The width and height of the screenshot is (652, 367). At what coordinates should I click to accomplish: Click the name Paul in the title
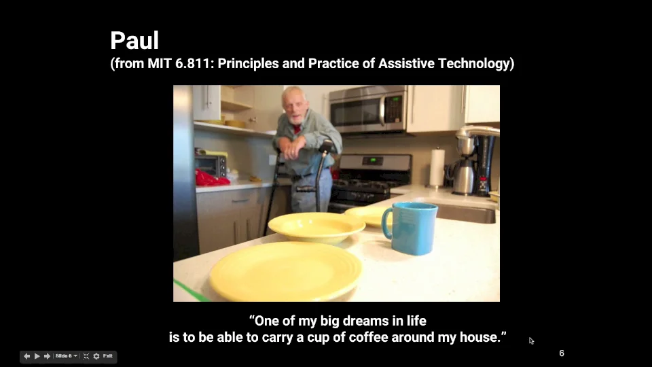134,41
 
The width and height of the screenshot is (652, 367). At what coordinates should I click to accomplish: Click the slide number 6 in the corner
562,353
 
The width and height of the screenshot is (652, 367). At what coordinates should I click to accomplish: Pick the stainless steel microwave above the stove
367,109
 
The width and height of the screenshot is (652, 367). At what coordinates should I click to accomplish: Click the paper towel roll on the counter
437,167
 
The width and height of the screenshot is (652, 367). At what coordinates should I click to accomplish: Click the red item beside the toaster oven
210,179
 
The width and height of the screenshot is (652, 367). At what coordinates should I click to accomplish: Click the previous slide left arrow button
27,356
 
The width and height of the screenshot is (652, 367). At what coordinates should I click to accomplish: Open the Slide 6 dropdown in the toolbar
66,356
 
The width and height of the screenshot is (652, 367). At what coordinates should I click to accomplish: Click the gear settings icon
96,356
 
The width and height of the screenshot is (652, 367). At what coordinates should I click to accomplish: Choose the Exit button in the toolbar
108,356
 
